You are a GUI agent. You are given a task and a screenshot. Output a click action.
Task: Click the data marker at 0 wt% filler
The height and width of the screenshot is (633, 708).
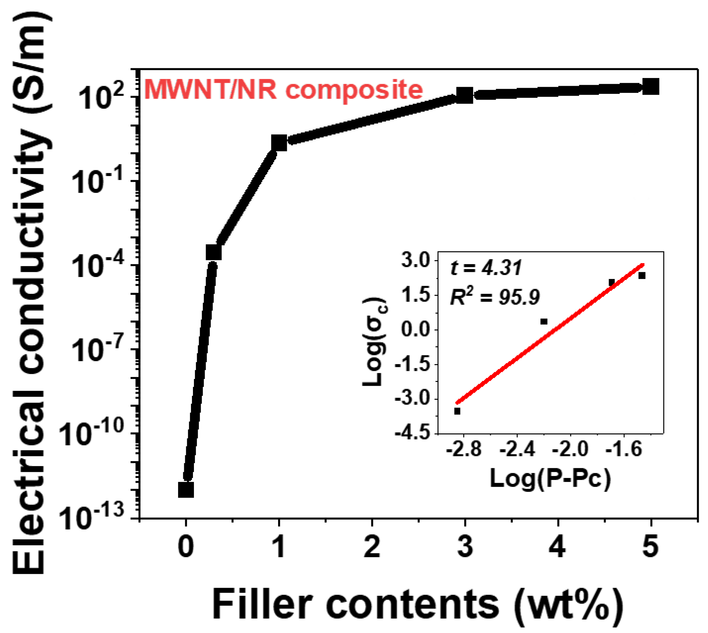[186, 490]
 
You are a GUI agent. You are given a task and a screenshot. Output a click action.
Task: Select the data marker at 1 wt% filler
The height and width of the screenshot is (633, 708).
[279, 143]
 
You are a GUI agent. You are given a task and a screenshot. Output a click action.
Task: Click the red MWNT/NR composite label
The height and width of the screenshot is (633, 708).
[283, 90]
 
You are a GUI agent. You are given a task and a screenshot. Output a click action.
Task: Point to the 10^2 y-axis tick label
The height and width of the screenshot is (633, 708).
[102, 97]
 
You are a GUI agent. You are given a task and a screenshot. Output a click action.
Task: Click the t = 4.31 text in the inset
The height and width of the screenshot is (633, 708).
[486, 268]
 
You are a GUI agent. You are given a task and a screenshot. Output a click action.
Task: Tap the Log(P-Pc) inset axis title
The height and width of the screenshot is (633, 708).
[550, 478]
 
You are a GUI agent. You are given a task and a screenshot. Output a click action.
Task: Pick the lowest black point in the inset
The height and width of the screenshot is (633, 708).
[457, 411]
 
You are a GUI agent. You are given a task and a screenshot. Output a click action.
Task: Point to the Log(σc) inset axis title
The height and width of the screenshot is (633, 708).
[375, 343]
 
